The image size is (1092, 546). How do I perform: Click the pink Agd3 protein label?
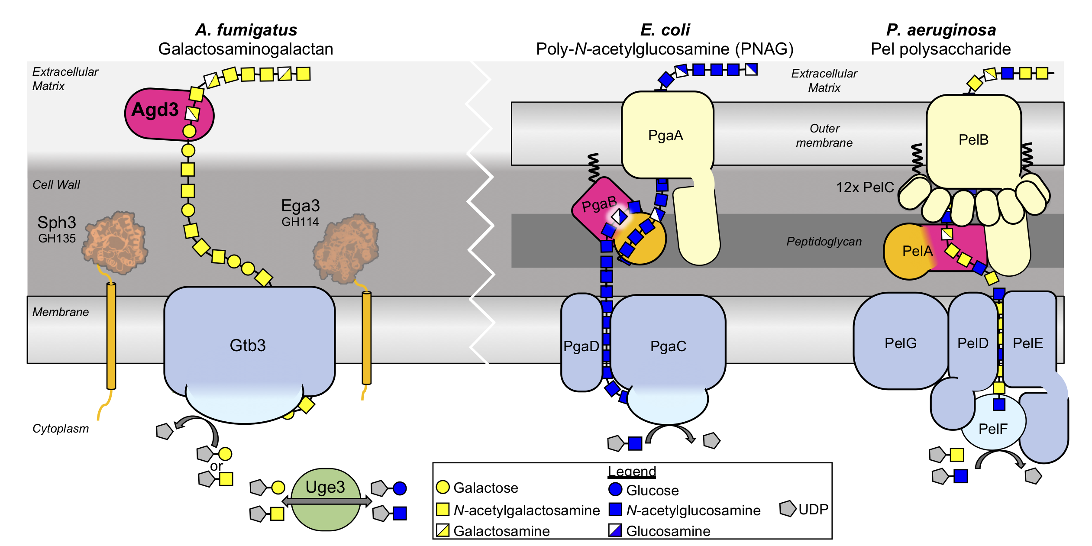[x=155, y=110]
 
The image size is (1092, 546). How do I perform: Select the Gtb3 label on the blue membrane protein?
[x=247, y=346]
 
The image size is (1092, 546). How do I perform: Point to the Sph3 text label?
[x=57, y=223]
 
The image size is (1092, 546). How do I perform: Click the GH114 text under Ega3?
[x=300, y=222]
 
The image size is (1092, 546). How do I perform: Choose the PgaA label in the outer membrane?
[x=666, y=136]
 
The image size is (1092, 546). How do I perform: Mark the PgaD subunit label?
[x=581, y=346]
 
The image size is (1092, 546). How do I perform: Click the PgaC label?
[x=668, y=346]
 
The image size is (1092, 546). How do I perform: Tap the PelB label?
[x=973, y=140]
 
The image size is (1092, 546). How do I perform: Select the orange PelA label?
[x=917, y=251]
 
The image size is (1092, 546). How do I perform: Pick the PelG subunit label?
[x=901, y=343]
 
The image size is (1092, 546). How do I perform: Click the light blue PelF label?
[x=993, y=429]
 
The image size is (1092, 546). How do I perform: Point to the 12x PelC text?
[x=865, y=187]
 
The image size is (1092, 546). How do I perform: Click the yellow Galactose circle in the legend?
[x=443, y=487]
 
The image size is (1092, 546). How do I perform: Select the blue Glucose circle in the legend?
[x=615, y=490]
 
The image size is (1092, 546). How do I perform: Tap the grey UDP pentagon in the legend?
[x=788, y=509]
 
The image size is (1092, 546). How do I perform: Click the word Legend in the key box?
[x=632, y=472]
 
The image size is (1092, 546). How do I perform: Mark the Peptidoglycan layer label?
[x=824, y=242]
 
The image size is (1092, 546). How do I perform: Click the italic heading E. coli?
[x=665, y=30]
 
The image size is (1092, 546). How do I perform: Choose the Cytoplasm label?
[x=61, y=429]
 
